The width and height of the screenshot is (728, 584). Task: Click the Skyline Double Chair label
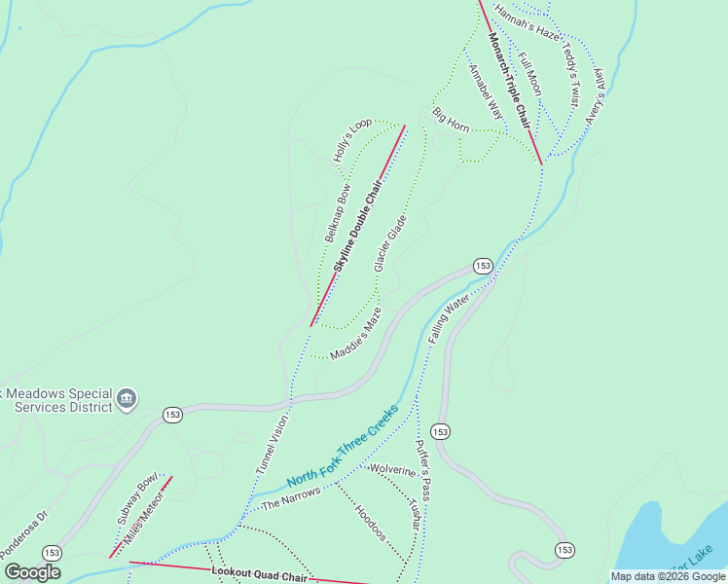coord(357,224)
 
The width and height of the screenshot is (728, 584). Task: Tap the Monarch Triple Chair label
coord(509,81)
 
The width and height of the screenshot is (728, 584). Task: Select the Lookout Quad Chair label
coord(259,574)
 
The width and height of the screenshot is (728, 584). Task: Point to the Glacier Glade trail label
coord(389,243)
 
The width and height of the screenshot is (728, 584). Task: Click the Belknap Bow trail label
coord(338,212)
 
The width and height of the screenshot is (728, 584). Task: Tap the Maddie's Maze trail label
coord(355,335)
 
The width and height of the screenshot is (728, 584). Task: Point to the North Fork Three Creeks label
coord(343,447)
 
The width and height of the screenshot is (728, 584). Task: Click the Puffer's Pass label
coord(422,468)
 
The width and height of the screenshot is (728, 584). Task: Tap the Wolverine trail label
coord(392,471)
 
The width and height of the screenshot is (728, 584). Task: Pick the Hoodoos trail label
coord(371,523)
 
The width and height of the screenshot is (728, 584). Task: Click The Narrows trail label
coord(291,498)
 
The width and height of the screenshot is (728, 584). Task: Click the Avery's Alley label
coord(595,94)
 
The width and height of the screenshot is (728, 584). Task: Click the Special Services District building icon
coord(126,398)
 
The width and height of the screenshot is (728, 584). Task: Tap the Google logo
coord(32,572)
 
